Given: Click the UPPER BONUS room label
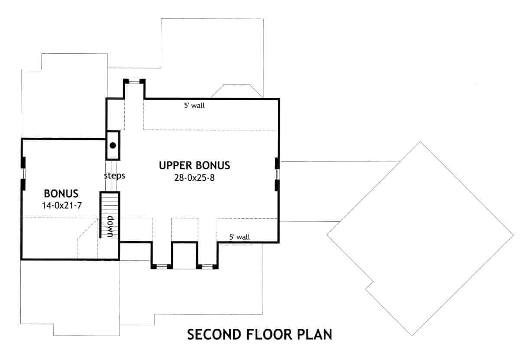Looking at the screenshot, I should tap(194, 165).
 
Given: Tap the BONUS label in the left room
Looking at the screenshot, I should tap(61, 193).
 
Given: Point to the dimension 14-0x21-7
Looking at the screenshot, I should tap(62, 205).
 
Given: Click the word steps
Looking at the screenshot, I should tap(114, 176).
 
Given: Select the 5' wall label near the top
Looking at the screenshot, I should tap(194, 105).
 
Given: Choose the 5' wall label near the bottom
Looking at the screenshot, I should tap(240, 237).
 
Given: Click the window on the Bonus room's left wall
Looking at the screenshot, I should tap(23, 173).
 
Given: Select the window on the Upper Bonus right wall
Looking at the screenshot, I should tap(277, 173).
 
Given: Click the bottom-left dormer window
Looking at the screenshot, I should tap(162, 266).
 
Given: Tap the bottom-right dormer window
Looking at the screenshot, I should tap(207, 266).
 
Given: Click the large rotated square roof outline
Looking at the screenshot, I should tap(419, 238).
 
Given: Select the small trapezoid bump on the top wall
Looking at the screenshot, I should tap(236, 91).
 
